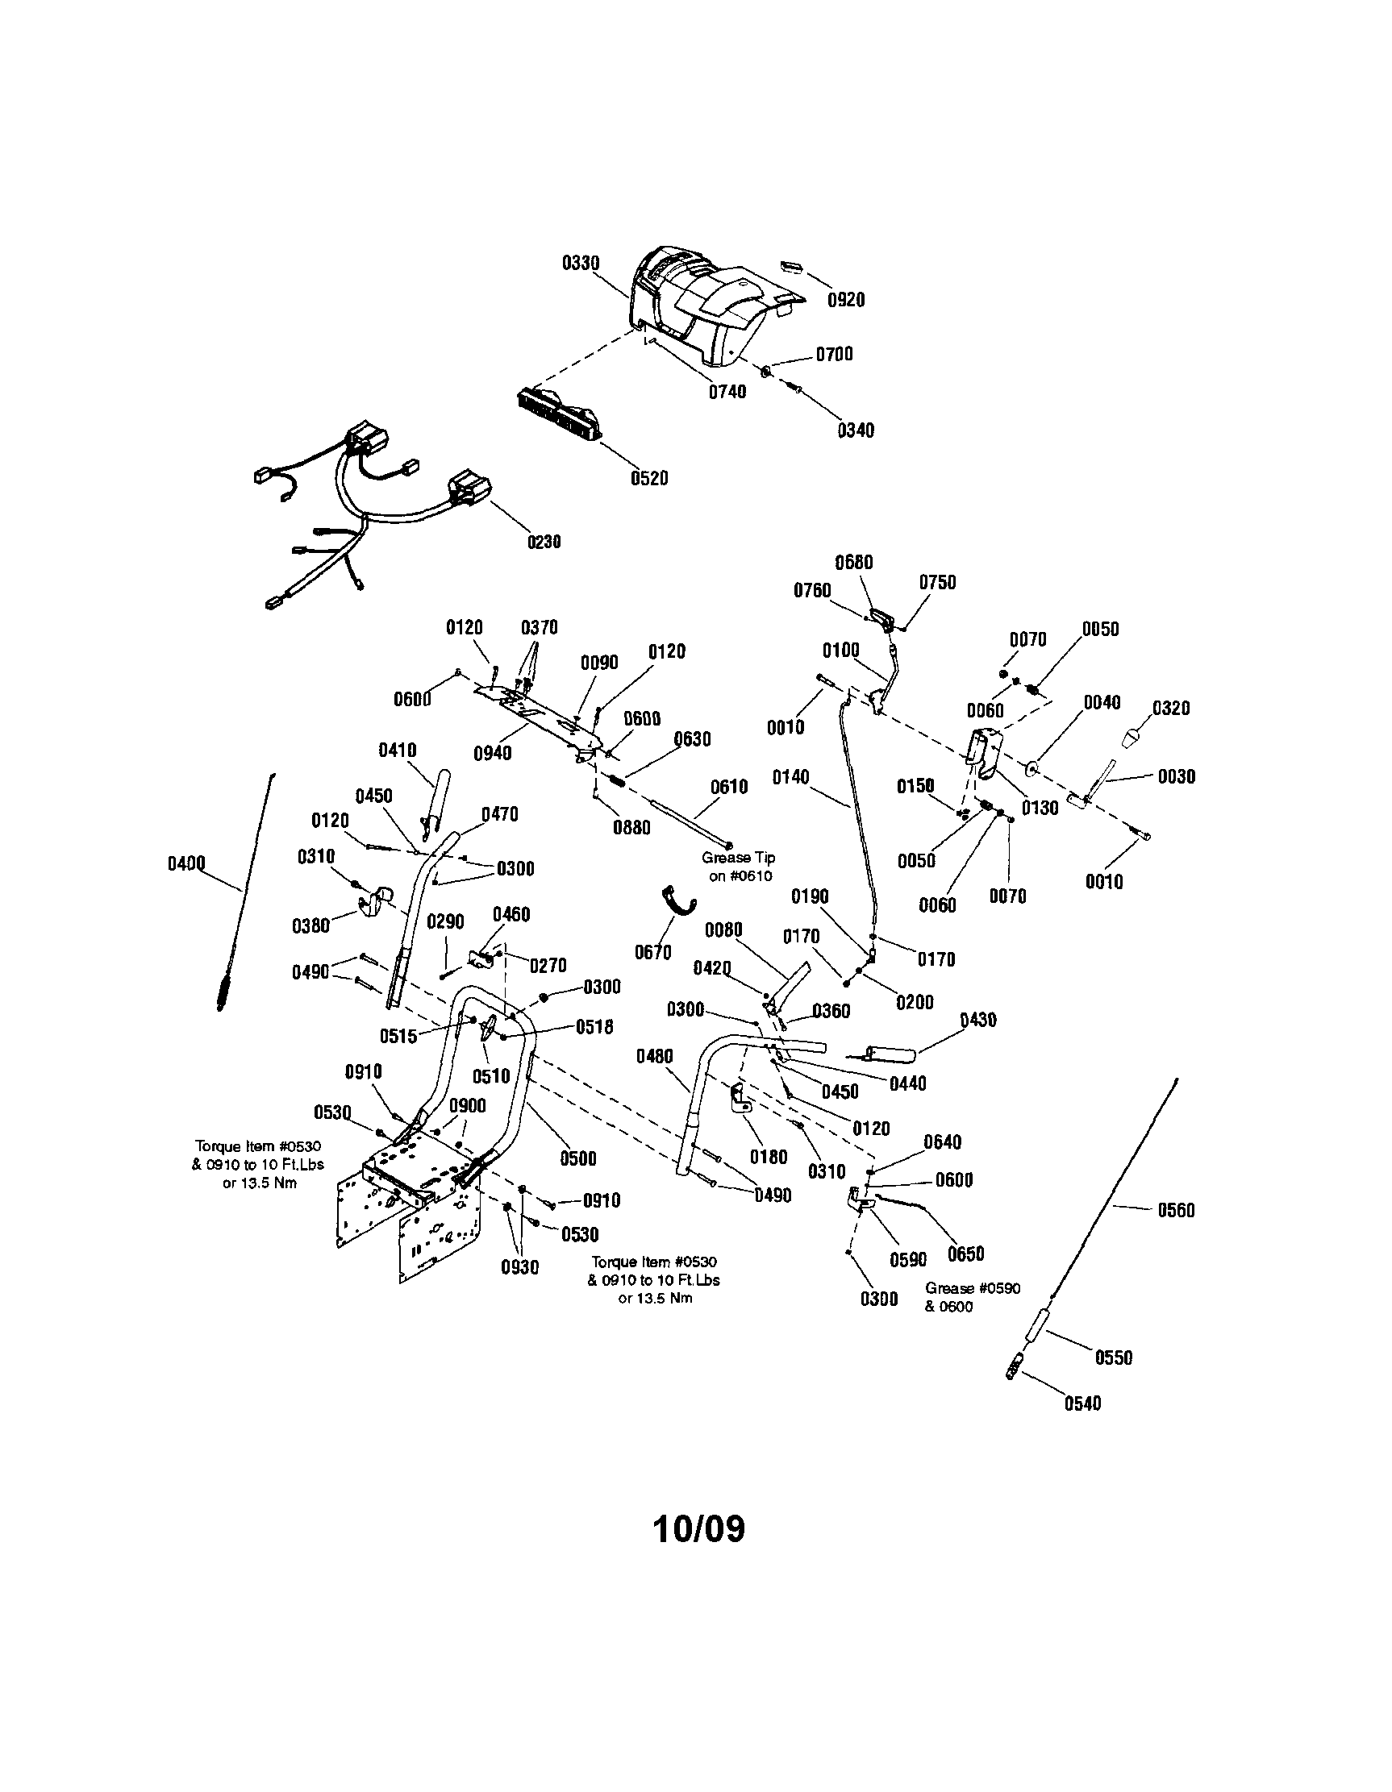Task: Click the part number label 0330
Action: [581, 264]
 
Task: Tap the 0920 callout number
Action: [845, 301]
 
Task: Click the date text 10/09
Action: [698, 1528]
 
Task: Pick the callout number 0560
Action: [1175, 1210]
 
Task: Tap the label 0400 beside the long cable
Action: [186, 864]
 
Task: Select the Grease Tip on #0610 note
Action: [738, 867]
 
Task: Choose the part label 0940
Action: [493, 752]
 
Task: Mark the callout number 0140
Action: [790, 777]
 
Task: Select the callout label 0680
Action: [853, 563]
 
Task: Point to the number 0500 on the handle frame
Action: [577, 1158]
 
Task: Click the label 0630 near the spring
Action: [692, 739]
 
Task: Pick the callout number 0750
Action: [937, 583]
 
